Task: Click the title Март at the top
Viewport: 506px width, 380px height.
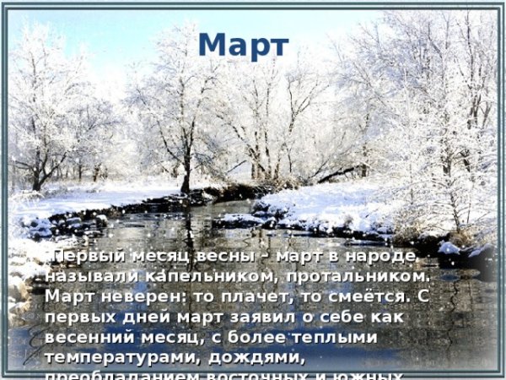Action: [x=244, y=45]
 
